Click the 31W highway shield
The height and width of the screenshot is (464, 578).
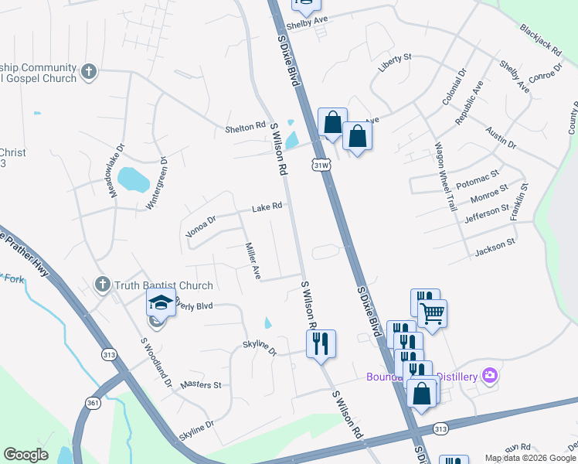(321, 165)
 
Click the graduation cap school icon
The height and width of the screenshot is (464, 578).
(161, 302)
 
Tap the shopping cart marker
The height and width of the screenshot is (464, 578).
(432, 312)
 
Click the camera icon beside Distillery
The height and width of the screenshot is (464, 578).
(488, 376)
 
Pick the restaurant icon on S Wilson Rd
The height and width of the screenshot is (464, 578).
(321, 342)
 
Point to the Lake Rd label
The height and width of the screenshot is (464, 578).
(267, 207)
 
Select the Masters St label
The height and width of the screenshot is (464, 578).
(200, 384)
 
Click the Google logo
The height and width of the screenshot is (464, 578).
(25, 455)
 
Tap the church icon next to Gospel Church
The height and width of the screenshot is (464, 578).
(89, 72)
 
